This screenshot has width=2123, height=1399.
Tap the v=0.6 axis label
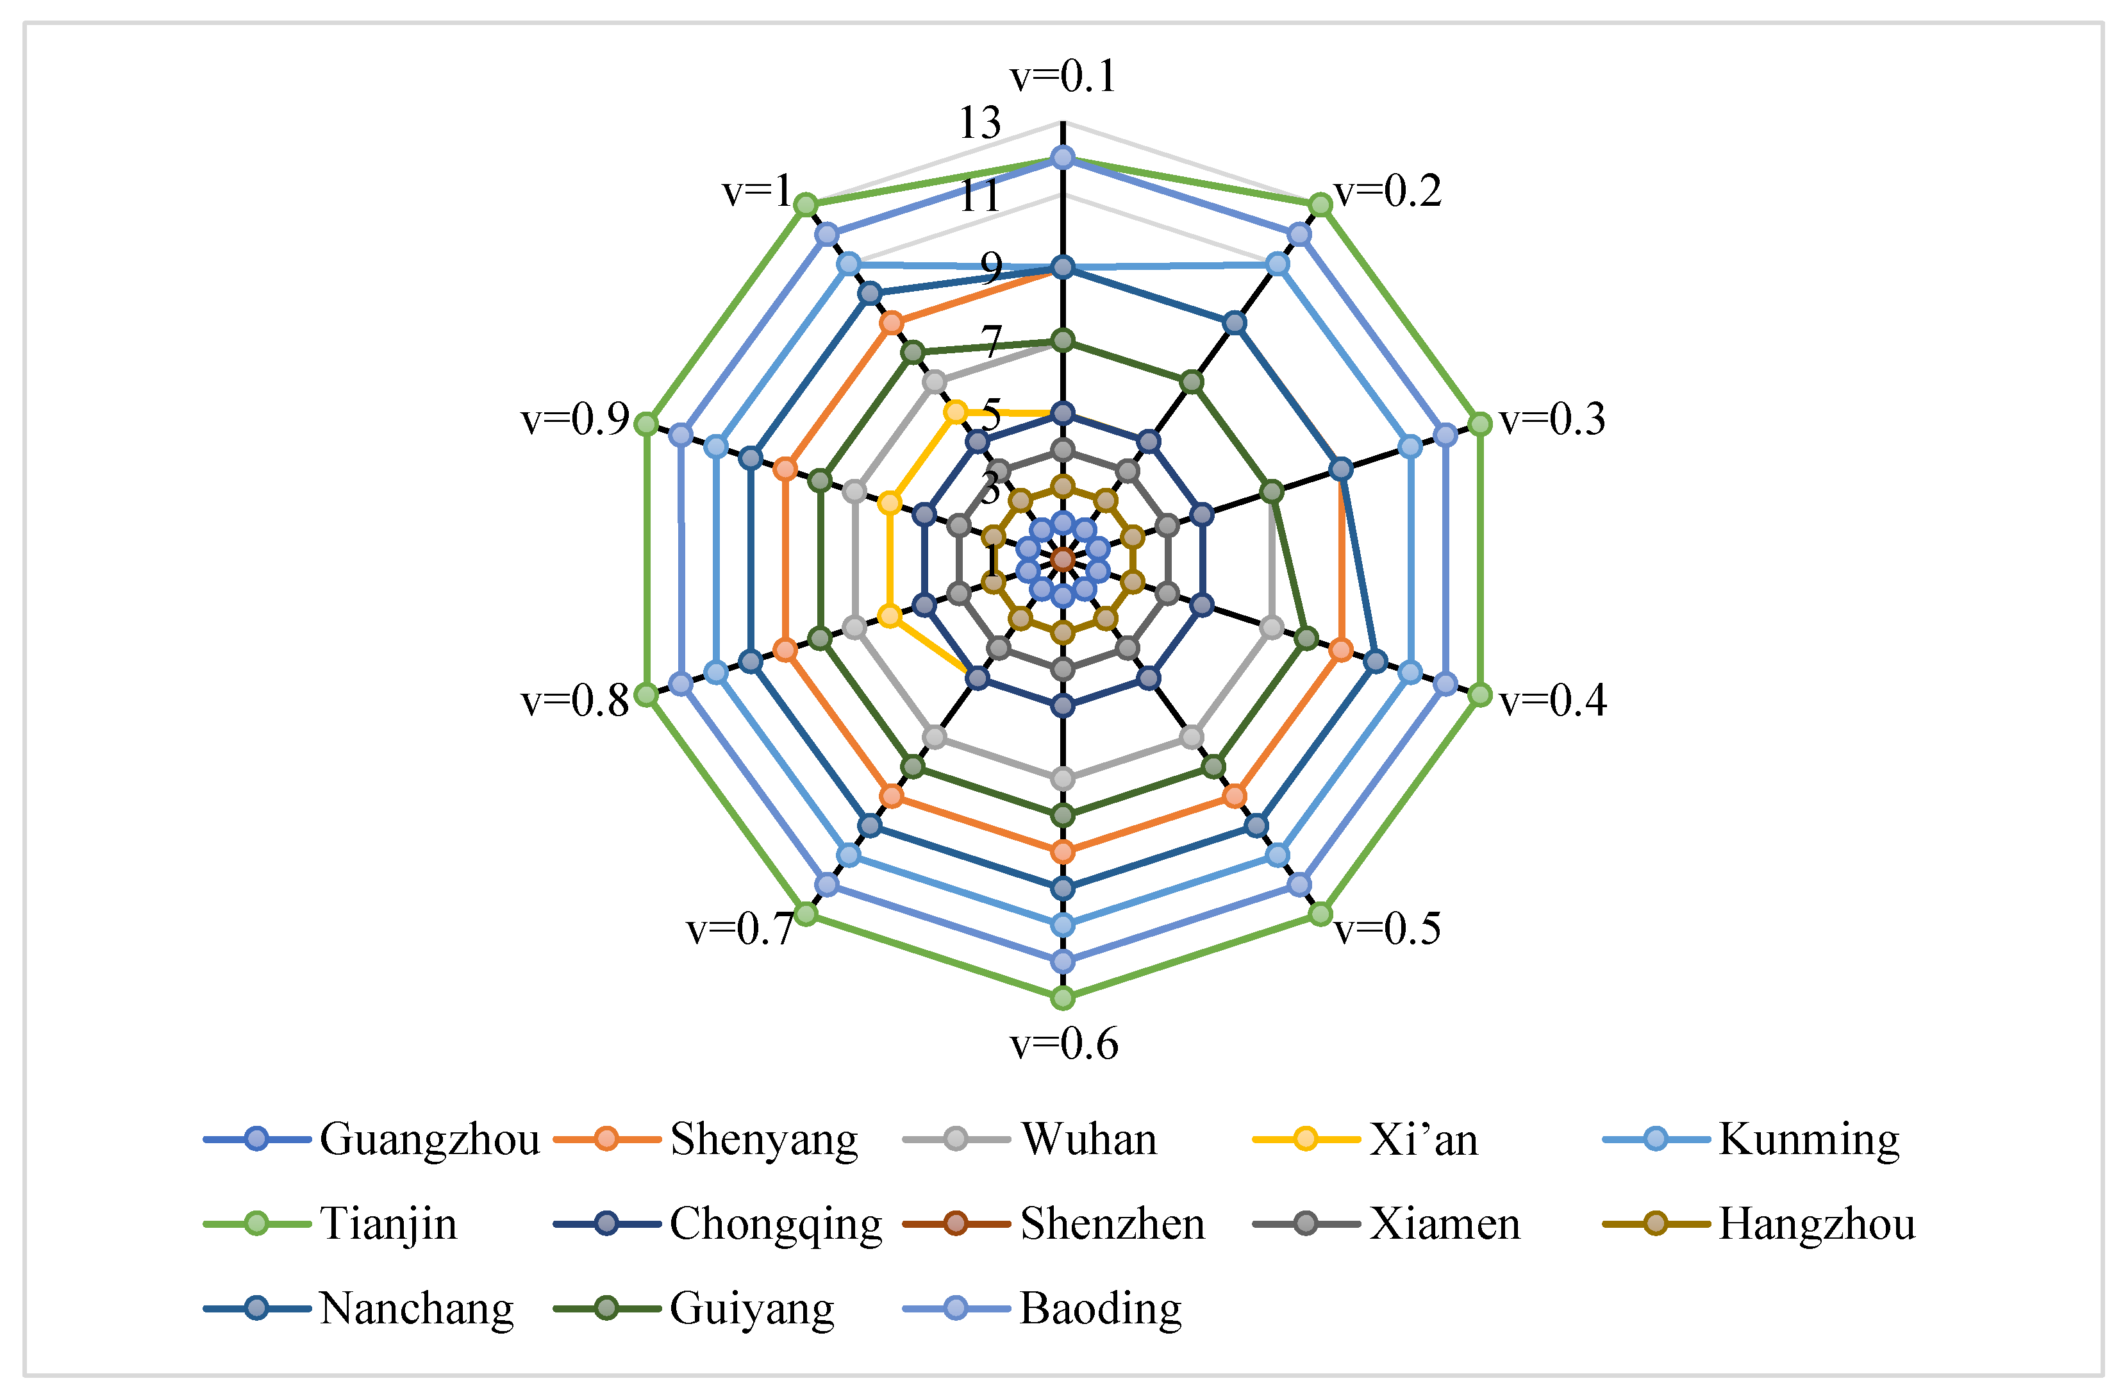click(x=1063, y=1044)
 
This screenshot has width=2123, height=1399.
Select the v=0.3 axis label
click(x=1552, y=419)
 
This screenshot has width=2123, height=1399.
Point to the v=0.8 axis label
click(x=576, y=701)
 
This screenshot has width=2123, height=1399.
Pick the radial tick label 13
click(x=979, y=123)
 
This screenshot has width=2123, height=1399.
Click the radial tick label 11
click(x=979, y=196)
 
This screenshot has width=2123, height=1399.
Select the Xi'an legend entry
click(x=1424, y=1139)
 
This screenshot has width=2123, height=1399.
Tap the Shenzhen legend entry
click(x=1111, y=1223)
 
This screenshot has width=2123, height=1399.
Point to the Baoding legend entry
click(x=1100, y=1308)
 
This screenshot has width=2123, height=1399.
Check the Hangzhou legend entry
click(x=1816, y=1223)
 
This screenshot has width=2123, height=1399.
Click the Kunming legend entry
click(x=1808, y=1139)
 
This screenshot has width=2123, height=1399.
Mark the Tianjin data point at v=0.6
click(x=1062, y=998)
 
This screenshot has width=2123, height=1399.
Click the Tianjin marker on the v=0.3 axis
click(x=1479, y=424)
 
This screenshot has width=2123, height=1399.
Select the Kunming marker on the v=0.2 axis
click(x=1278, y=264)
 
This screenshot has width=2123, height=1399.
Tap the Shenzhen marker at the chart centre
click(x=1062, y=560)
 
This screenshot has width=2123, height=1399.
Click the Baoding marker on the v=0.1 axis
click(x=1062, y=158)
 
